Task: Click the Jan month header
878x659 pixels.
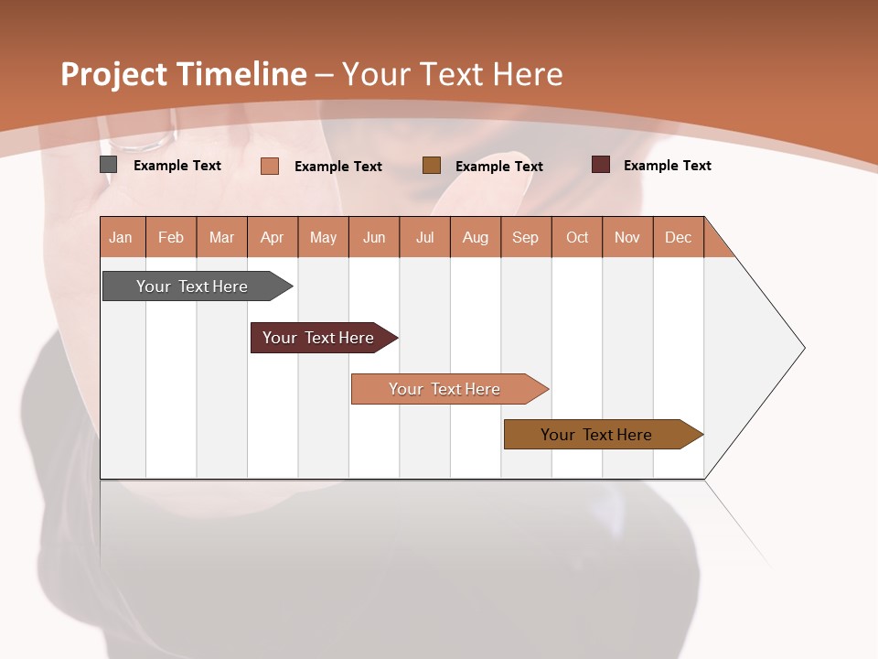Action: pos(121,237)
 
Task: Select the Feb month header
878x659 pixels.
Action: pos(171,237)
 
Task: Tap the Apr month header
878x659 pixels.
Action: pos(272,237)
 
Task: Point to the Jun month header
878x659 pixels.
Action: pos(374,237)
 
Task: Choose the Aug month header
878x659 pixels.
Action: pos(475,237)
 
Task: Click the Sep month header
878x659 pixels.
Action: pos(525,237)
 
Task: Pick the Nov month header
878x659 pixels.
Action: pos(626,237)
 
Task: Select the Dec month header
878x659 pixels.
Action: pos(678,237)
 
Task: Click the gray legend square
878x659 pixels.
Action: pos(108,165)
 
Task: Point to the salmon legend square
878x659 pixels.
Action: pos(270,166)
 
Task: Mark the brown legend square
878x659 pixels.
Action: pos(432,165)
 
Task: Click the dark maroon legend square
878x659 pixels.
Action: pos(600,165)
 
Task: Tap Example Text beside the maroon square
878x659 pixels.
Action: pos(667,166)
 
